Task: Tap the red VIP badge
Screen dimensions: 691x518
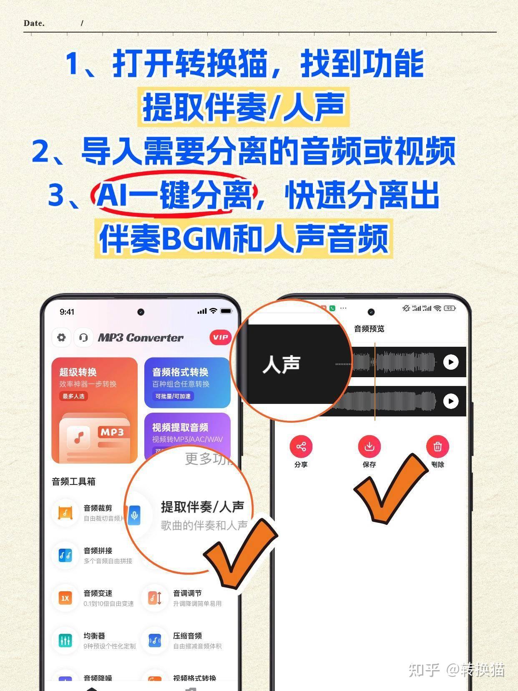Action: pyautogui.click(x=220, y=338)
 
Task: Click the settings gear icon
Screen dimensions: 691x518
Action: pyautogui.click(x=61, y=337)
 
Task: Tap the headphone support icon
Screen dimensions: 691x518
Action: pyautogui.click(x=83, y=337)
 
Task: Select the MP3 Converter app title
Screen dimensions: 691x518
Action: pyautogui.click(x=141, y=338)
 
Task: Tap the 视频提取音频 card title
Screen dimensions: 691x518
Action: pyautogui.click(x=180, y=427)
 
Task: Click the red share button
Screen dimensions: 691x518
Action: pyautogui.click(x=301, y=447)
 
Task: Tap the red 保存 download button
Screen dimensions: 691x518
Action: pyautogui.click(x=369, y=447)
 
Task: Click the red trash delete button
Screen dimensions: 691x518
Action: pyautogui.click(x=438, y=447)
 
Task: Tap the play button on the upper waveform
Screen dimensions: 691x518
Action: pyautogui.click(x=450, y=362)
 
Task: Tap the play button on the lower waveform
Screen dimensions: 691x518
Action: pyautogui.click(x=450, y=401)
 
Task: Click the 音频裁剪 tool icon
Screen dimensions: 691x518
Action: pyautogui.click(x=65, y=513)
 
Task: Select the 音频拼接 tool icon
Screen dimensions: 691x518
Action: pyautogui.click(x=65, y=555)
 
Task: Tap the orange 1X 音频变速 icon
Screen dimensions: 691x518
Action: pyautogui.click(x=65, y=598)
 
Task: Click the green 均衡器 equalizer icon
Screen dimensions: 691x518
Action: pyautogui.click(x=65, y=641)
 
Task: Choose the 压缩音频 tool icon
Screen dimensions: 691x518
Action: pyautogui.click(x=155, y=641)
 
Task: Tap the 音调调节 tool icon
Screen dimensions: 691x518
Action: pyautogui.click(x=155, y=598)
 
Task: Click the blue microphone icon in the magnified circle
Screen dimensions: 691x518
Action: pyautogui.click(x=134, y=515)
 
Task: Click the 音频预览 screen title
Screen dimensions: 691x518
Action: pyautogui.click(x=369, y=329)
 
